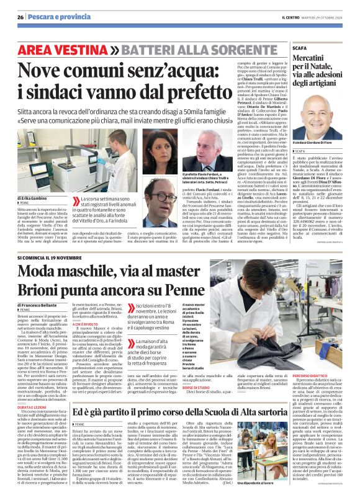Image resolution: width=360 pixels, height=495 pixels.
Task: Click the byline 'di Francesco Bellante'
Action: point(38,306)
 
